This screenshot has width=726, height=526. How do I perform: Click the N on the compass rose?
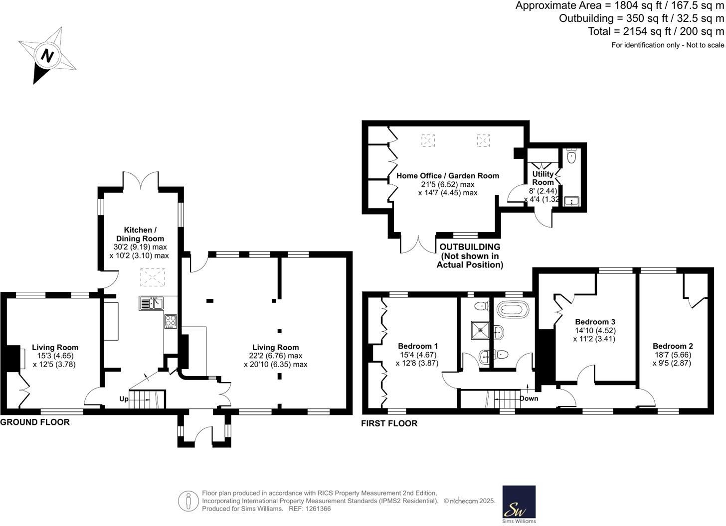click(x=47, y=55)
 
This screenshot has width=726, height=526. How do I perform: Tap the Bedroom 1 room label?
click(x=418, y=346)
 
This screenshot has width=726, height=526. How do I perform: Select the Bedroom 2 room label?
click(x=673, y=346)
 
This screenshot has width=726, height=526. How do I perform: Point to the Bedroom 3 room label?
click(x=595, y=322)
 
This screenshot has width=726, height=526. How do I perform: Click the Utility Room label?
click(x=543, y=178)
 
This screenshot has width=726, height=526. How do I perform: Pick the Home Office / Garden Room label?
click(x=447, y=176)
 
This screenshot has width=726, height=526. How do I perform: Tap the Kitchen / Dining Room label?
click(x=140, y=234)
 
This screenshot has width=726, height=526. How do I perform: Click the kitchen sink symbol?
click(x=152, y=303)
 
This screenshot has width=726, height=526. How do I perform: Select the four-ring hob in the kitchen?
click(x=171, y=321)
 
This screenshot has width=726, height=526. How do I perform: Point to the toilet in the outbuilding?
click(x=571, y=157)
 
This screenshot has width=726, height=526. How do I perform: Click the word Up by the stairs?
click(x=124, y=399)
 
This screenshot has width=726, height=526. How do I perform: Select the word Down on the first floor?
click(x=529, y=398)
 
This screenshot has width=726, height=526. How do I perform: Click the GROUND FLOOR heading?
click(x=35, y=422)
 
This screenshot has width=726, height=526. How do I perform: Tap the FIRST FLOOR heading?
click(x=389, y=423)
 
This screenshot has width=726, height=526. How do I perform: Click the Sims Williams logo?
click(x=519, y=504)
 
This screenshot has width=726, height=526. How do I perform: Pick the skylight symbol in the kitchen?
click(x=152, y=277)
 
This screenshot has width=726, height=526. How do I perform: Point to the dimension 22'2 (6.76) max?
click(x=275, y=356)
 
